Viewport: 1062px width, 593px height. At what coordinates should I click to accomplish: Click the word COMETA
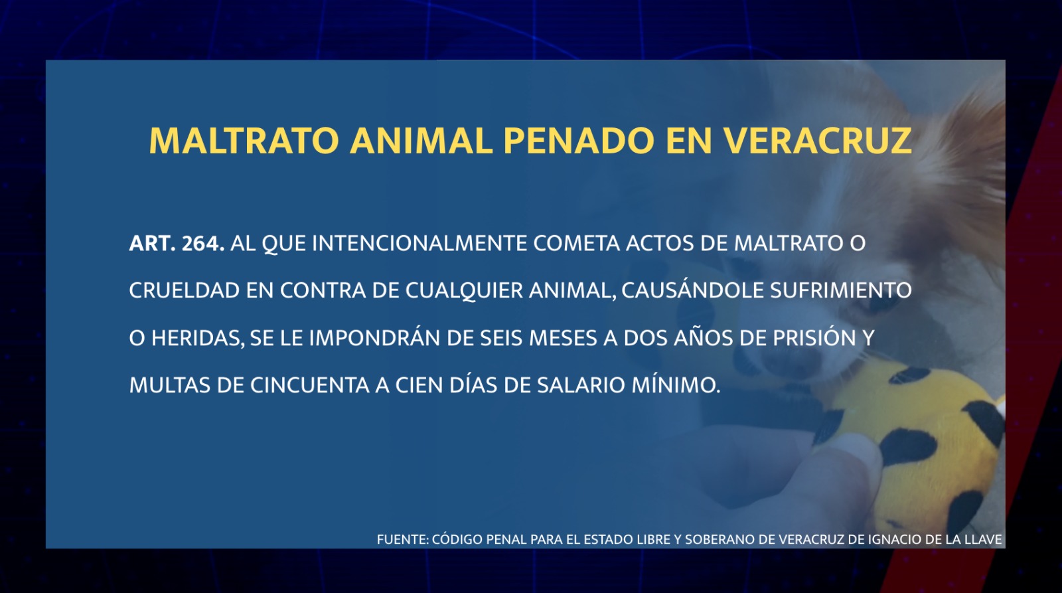[577, 243]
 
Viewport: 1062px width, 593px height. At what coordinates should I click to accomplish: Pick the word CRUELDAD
[185, 290]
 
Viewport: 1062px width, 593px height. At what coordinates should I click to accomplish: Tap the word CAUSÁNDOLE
[693, 290]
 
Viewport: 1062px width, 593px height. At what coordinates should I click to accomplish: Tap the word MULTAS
[170, 385]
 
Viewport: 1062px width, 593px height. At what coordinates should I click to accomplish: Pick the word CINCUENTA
[309, 385]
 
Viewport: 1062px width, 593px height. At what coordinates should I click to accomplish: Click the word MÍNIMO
[676, 384]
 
